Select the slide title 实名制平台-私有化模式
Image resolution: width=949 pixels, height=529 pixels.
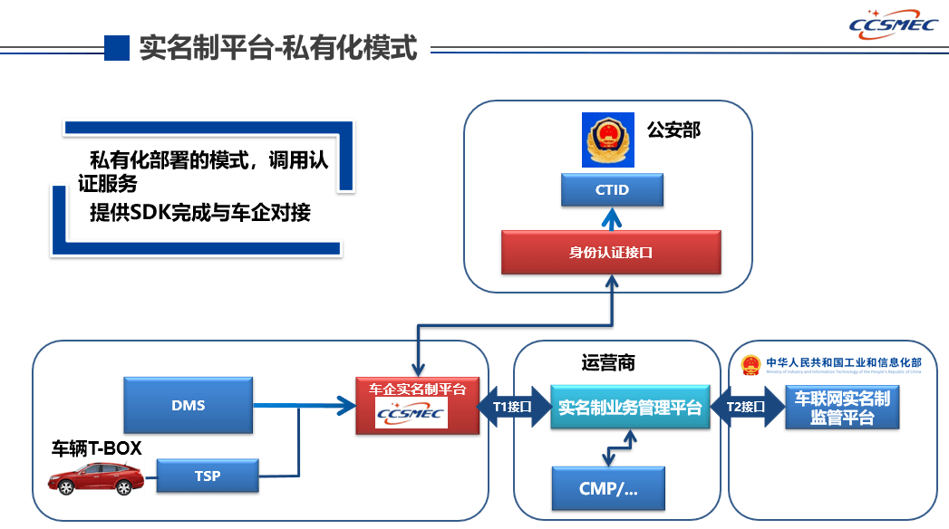(x=278, y=47)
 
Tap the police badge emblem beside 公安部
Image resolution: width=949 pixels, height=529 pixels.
(x=605, y=139)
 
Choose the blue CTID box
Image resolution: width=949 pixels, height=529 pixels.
(x=612, y=190)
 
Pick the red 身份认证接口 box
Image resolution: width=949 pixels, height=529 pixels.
(x=612, y=252)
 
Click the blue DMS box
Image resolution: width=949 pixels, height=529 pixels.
(x=188, y=406)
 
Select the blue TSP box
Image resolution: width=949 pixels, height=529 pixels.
(x=208, y=476)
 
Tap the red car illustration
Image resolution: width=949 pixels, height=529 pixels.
(x=95, y=479)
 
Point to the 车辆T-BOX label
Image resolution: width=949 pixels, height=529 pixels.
(x=97, y=447)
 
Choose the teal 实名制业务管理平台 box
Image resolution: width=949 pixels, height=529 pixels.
(x=630, y=408)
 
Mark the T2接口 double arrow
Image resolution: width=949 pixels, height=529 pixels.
(x=746, y=407)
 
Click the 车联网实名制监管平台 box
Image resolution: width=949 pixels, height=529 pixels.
(x=842, y=408)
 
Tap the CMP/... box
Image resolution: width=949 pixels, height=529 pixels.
(x=608, y=488)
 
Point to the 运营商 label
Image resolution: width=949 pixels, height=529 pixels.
(x=608, y=363)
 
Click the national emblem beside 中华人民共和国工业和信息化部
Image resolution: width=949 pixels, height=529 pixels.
(x=750, y=365)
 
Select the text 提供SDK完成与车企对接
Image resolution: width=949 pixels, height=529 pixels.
(x=200, y=214)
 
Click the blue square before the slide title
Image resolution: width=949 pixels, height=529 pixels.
(x=117, y=47)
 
